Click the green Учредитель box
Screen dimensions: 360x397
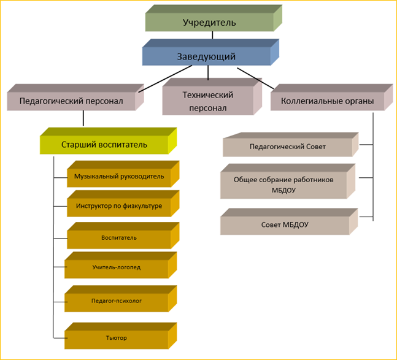(209, 23)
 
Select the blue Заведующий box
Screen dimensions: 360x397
(207, 56)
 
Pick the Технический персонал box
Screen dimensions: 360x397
(208, 102)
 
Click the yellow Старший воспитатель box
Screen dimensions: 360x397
(104, 145)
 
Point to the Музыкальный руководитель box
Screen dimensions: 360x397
(119, 177)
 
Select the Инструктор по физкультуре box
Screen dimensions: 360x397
(119, 206)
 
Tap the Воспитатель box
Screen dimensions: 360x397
(119, 237)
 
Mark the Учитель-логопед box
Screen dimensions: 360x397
(117, 267)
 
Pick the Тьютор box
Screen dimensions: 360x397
(117, 337)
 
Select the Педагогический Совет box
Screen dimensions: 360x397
(288, 147)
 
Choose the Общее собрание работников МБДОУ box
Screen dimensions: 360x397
(283, 185)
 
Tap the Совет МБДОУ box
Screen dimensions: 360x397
(284, 224)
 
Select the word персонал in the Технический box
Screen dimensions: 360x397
(208, 108)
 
